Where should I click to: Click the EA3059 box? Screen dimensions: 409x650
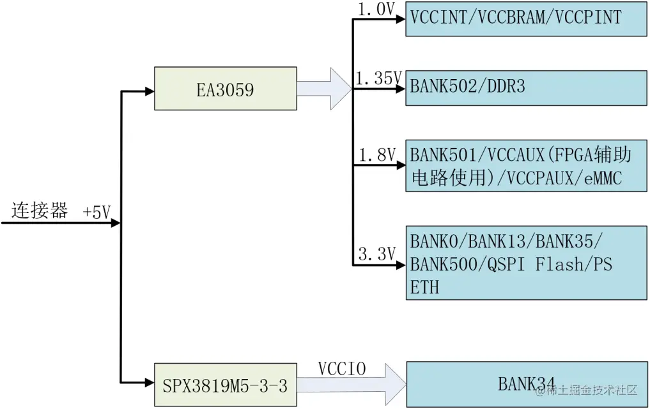click(225, 89)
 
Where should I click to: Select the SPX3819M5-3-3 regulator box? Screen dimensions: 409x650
click(225, 385)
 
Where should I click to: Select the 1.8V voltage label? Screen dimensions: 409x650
click(377, 154)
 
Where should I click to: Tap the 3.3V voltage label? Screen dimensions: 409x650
click(377, 254)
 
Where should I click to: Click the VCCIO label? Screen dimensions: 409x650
click(341, 369)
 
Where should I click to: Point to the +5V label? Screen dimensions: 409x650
click(97, 213)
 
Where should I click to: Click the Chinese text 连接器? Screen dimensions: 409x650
click(40, 211)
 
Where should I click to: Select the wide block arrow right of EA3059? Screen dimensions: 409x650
click(324, 89)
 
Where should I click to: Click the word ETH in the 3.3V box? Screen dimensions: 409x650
click(424, 287)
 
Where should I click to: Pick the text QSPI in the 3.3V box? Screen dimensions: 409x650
click(507, 264)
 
